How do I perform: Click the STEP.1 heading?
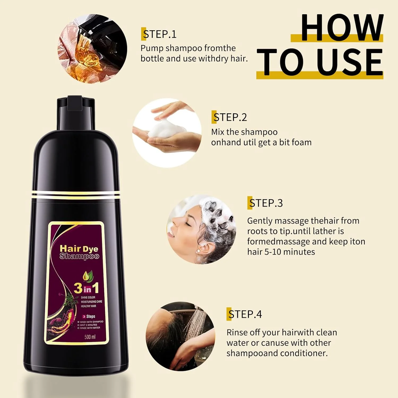coord(159,34)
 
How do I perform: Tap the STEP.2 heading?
coord(230,117)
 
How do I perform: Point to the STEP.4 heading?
coord(244,314)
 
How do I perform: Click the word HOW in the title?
coord(342,28)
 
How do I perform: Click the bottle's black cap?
coord(76,113)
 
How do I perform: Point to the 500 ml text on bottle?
coord(90,337)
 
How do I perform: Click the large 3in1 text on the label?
coord(86,288)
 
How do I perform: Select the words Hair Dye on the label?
coord(79,249)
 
